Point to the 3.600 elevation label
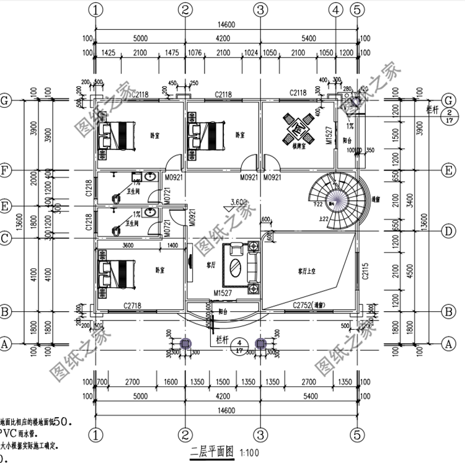tap(239, 202)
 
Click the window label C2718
tap(135, 306)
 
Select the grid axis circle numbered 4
tap(335, 9)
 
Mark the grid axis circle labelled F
tap(6, 170)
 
